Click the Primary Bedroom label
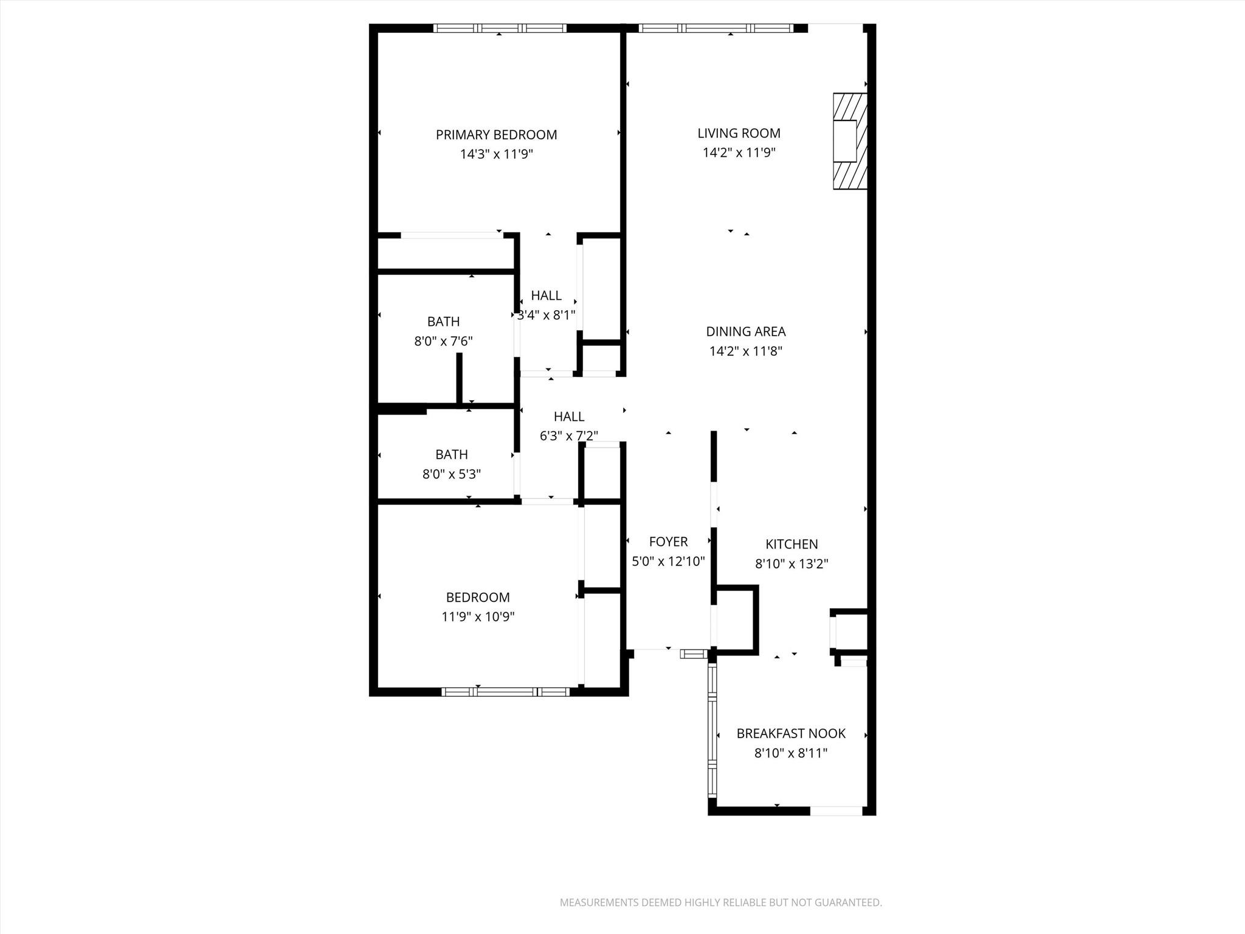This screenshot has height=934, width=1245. (496, 134)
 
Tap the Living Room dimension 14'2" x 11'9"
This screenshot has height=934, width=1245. (739, 153)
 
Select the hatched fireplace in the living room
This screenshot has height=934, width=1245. (849, 141)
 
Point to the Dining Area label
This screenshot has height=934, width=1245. (745, 331)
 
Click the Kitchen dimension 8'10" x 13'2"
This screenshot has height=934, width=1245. (791, 564)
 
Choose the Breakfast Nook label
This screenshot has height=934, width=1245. (791, 733)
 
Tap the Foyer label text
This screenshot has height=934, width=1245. (668, 541)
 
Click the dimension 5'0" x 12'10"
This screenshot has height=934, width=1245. (668, 561)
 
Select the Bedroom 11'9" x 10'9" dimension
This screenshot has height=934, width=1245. (478, 617)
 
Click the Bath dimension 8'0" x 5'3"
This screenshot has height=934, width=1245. (451, 474)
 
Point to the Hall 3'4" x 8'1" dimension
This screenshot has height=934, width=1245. (546, 315)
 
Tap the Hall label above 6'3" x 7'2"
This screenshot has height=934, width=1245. (569, 417)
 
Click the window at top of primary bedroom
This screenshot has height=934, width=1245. (500, 28)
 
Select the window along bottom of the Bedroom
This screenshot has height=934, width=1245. (505, 691)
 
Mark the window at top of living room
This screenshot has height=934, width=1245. (716, 28)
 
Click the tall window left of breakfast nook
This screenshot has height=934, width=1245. (712, 730)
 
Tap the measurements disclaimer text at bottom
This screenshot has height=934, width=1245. (720, 902)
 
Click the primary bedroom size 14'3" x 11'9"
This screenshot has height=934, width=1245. (496, 154)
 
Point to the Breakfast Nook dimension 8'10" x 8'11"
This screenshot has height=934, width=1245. (791, 753)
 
